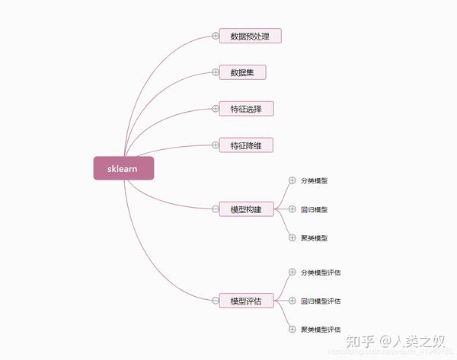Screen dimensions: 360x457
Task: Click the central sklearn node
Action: (x=123, y=168)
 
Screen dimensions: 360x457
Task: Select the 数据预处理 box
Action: (x=250, y=36)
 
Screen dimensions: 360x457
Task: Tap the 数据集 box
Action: (x=242, y=72)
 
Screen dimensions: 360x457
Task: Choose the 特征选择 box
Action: (x=245, y=109)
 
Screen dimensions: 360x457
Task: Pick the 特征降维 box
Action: (x=245, y=145)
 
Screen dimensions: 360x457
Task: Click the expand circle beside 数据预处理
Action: (x=216, y=36)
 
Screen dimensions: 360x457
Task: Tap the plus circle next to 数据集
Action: (x=216, y=72)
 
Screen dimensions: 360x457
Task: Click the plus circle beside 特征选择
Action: (x=216, y=109)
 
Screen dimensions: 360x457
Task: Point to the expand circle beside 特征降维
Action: (x=216, y=145)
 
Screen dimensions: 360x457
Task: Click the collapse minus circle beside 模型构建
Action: (x=216, y=209)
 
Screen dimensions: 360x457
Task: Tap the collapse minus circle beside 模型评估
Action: (x=216, y=301)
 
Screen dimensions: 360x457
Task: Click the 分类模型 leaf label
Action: (x=314, y=181)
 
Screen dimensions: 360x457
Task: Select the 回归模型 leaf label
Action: (x=314, y=209)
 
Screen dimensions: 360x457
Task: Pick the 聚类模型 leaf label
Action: (x=314, y=238)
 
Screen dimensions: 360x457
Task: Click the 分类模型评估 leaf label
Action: (x=321, y=272)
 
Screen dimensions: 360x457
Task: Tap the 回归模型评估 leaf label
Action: (x=321, y=301)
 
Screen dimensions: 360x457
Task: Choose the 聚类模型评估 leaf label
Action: (x=321, y=330)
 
